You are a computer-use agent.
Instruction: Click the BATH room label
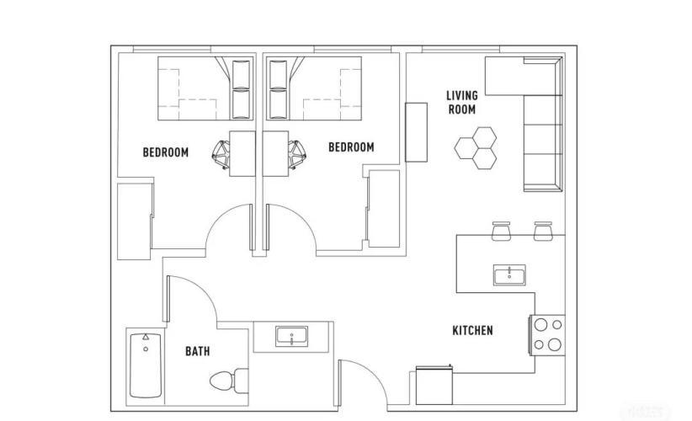pyautogui.click(x=197, y=351)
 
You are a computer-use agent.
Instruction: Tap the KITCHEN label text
pyautogui.click(x=472, y=330)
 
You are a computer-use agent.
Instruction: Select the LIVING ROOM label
pyautogui.click(x=462, y=103)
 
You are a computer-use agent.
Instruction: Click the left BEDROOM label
pyautogui.click(x=166, y=152)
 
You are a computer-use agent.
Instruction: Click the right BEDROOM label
pyautogui.click(x=351, y=147)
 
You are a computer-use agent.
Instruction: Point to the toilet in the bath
pyautogui.click(x=229, y=380)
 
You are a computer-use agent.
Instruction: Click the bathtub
pyautogui.click(x=146, y=365)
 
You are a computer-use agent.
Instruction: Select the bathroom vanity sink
pyautogui.click(x=292, y=337)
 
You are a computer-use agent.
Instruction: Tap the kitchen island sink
pyautogui.click(x=509, y=275)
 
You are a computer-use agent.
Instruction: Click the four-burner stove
pyautogui.click(x=547, y=335)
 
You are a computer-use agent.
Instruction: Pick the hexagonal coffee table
pyautogui.click(x=476, y=148)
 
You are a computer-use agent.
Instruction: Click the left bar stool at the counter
pyautogui.click(x=501, y=231)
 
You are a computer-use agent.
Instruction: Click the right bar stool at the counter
pyautogui.click(x=543, y=231)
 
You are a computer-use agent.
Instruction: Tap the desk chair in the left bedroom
pyautogui.click(x=221, y=154)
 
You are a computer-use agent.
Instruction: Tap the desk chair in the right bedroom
pyautogui.click(x=297, y=154)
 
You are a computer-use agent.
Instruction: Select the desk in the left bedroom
pyautogui.click(x=242, y=153)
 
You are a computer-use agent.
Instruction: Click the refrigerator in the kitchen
pyautogui.click(x=434, y=386)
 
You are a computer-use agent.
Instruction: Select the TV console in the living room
pyautogui.click(x=416, y=132)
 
